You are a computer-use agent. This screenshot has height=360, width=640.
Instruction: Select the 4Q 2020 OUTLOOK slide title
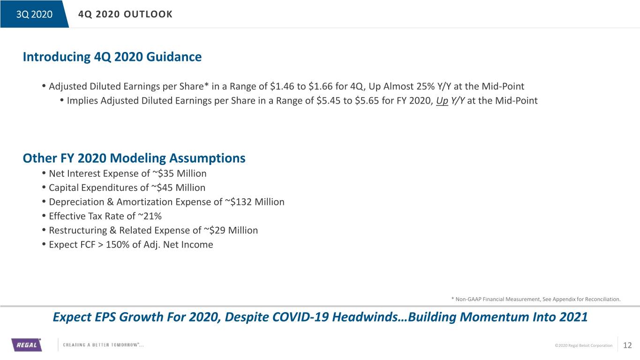[126, 14]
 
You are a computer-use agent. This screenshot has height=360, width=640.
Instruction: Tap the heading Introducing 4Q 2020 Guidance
[112, 57]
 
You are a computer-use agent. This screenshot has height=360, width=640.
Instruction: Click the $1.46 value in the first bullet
[282, 86]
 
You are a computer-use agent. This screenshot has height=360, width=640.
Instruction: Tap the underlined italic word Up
[442, 101]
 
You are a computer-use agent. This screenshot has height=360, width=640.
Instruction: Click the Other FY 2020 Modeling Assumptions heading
[134, 158]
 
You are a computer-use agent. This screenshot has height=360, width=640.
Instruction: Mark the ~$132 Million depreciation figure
[255, 202]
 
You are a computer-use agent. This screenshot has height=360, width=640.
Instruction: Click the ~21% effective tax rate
[150, 216]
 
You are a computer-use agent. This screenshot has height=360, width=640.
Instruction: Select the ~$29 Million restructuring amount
[231, 230]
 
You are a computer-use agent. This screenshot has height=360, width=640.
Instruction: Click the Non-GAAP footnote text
[536, 299]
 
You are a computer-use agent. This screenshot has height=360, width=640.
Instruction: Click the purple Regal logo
[27, 345]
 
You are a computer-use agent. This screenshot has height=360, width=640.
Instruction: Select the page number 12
[627, 345]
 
